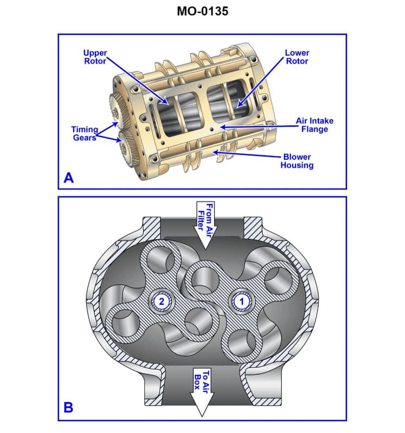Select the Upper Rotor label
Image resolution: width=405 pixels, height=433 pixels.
click(x=95, y=57)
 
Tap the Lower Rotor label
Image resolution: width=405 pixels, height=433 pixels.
click(x=297, y=57)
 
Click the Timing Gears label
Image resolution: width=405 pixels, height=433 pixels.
click(x=85, y=133)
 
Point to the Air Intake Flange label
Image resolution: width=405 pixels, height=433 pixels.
click(x=312, y=125)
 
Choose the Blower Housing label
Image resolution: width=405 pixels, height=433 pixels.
click(x=297, y=161)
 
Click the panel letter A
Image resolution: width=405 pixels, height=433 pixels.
click(x=68, y=178)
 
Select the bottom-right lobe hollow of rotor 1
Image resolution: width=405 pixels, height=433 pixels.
click(x=241, y=340)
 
